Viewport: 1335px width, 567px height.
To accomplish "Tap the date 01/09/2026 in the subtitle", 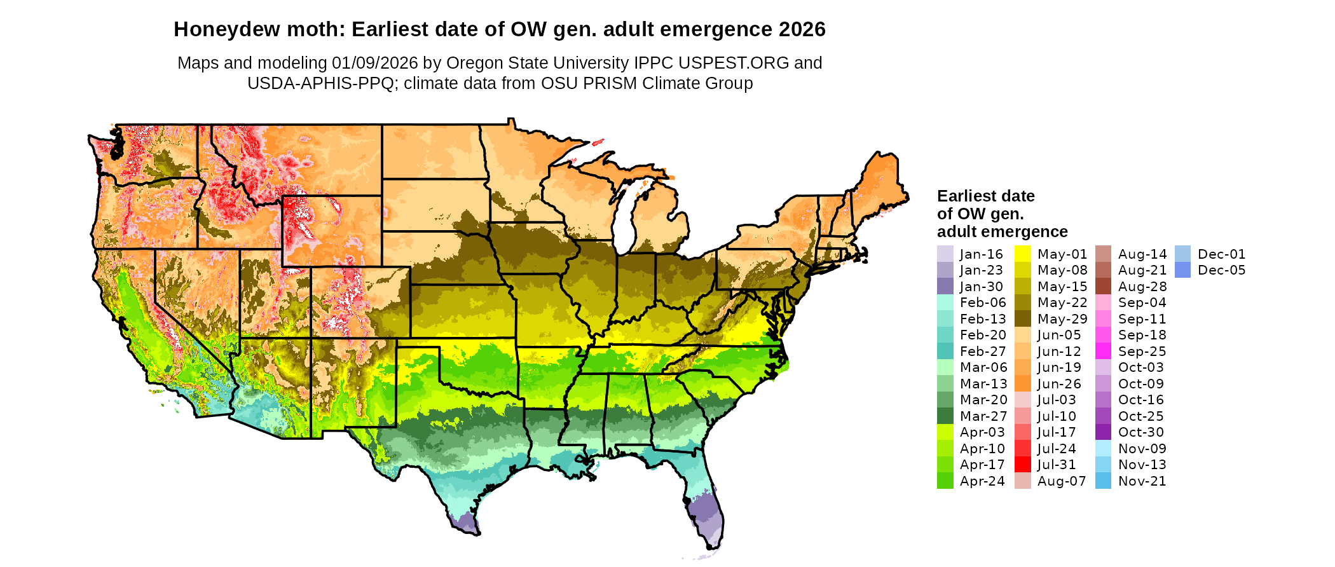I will click(x=374, y=63).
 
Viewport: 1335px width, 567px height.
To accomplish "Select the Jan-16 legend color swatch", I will click(x=945, y=254).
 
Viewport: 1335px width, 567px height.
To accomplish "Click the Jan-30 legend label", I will click(x=981, y=287).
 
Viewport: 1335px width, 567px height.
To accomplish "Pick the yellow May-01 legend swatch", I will click(x=1022, y=254).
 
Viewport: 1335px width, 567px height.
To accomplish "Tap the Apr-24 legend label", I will click(x=982, y=481).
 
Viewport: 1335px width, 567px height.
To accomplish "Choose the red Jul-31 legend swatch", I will click(x=1022, y=465).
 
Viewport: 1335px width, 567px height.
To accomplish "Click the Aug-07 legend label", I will click(x=1061, y=481).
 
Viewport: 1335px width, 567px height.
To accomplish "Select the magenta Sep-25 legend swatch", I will click(x=1103, y=352).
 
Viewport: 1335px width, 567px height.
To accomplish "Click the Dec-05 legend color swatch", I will click(x=1182, y=270).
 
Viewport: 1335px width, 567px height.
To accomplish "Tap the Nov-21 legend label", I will click(x=1142, y=481).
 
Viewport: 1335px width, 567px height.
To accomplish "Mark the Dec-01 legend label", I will click(x=1221, y=254).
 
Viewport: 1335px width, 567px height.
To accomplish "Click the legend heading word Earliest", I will click(x=965, y=196).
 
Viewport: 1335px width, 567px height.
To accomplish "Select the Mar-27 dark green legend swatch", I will click(x=945, y=416).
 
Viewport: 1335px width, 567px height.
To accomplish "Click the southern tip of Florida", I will click(x=709, y=547).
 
